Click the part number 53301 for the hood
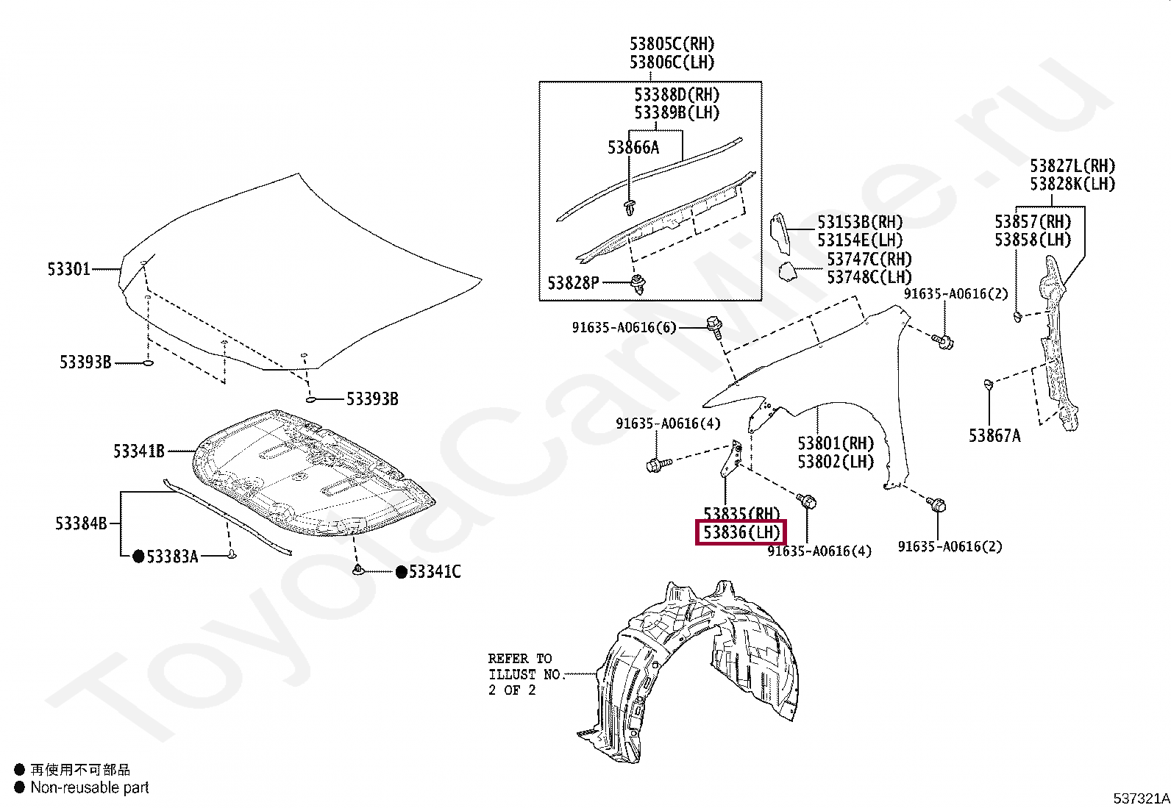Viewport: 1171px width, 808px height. [x=68, y=269]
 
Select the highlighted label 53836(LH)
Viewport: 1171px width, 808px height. [x=741, y=532]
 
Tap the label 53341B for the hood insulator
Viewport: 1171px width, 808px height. [x=138, y=451]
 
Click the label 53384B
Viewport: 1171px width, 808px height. [x=81, y=523]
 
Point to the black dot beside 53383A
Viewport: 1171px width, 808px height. [x=138, y=557]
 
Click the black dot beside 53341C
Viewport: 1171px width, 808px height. [x=401, y=572]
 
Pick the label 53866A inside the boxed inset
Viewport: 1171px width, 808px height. [x=633, y=148]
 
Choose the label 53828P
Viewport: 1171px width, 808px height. [x=573, y=282]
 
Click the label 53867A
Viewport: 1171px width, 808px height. [x=994, y=436]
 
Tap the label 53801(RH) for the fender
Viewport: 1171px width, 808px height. [x=836, y=443]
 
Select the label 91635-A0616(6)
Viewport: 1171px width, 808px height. [x=623, y=327]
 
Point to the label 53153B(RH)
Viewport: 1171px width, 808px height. [x=860, y=222]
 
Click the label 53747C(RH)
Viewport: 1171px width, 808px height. [x=869, y=259]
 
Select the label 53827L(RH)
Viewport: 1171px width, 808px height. [x=1072, y=166]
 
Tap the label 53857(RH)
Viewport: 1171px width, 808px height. [x=1033, y=221]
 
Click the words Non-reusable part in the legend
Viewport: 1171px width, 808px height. [x=89, y=787]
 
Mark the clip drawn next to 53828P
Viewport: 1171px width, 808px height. [x=637, y=284]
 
